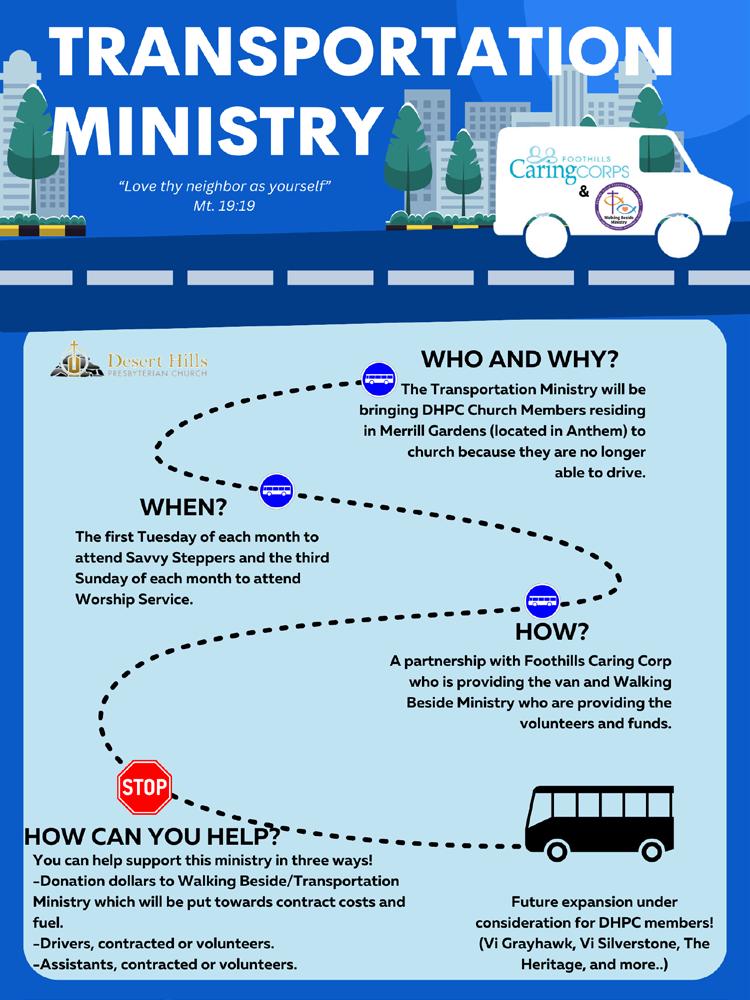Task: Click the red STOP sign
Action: tap(144, 786)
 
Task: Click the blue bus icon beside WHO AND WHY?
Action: tap(379, 378)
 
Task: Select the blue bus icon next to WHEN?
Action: tap(276, 491)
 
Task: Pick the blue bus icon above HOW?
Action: tap(542, 601)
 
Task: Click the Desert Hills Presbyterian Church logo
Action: tap(130, 360)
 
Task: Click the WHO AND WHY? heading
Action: tap(519, 359)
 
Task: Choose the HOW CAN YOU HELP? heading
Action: tap(150, 836)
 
